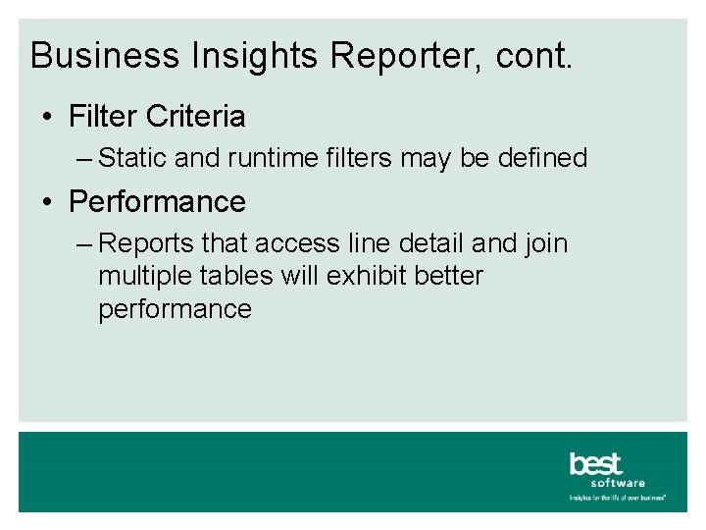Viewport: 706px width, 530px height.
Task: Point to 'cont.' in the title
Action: (534, 56)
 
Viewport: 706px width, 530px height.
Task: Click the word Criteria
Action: (195, 117)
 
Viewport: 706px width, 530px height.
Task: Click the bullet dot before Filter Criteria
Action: (48, 118)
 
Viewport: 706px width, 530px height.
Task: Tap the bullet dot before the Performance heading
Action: (48, 203)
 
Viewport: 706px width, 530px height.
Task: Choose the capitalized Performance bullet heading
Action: (157, 202)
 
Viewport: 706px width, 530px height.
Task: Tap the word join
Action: (544, 243)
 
